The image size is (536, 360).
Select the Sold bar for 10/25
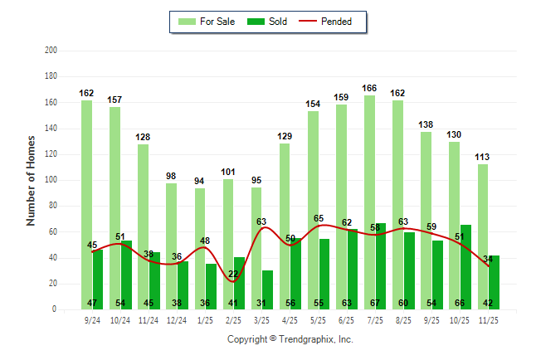pyautogui.click(x=465, y=266)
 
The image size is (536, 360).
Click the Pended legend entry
pyautogui.click(x=336, y=22)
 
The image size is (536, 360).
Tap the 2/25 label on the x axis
pyautogui.click(x=233, y=319)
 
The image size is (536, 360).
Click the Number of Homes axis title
pyautogui.click(x=31, y=180)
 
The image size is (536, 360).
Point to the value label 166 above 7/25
pyautogui.click(x=370, y=88)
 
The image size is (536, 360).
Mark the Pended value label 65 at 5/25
pyautogui.click(x=319, y=218)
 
